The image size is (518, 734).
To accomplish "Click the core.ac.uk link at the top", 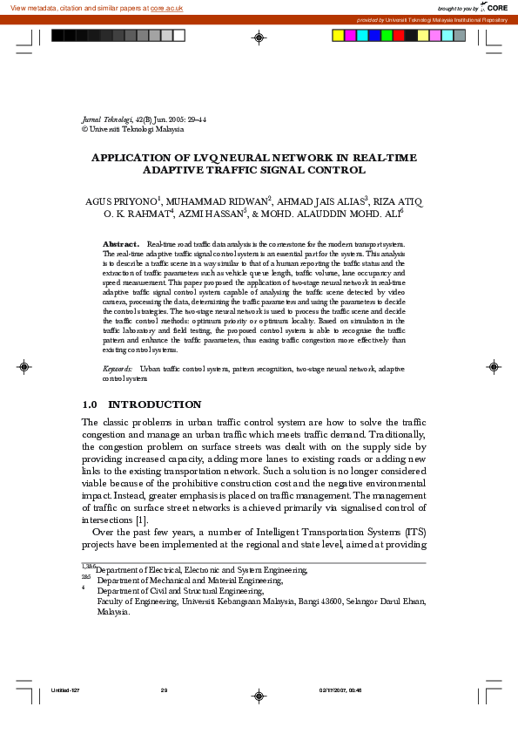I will pos(168,8).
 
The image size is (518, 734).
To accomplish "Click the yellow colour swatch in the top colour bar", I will pos(338,36).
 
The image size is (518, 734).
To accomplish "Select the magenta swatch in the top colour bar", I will pos(350,36).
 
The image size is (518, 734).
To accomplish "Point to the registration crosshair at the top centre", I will pos(259,37).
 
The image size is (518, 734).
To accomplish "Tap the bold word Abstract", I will pos(121,244).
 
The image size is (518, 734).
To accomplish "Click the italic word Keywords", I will pos(118,370).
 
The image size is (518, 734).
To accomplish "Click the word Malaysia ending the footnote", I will pos(113,612).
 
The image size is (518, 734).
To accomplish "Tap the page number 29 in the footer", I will pos(164,690).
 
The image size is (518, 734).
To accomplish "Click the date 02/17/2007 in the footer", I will pos(333,690).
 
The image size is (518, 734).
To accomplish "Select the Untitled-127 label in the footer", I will pos(65,690).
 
